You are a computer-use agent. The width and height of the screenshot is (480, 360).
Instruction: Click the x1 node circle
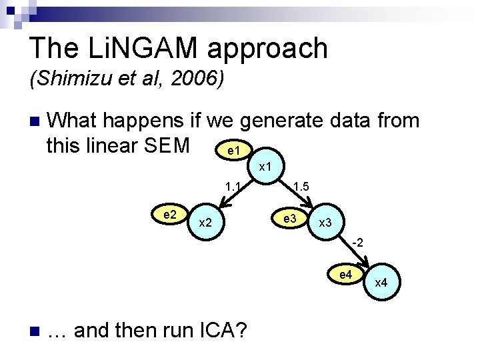tap(265, 165)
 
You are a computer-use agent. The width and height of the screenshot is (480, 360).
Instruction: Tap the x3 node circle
tap(325, 222)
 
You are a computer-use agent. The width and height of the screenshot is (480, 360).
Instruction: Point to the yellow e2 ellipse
tap(169, 214)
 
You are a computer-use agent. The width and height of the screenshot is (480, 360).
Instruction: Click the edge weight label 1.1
tap(233, 187)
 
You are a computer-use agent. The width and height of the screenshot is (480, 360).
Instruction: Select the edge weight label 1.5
tap(301, 187)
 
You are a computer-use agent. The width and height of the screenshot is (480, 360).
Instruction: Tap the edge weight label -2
tap(357, 242)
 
